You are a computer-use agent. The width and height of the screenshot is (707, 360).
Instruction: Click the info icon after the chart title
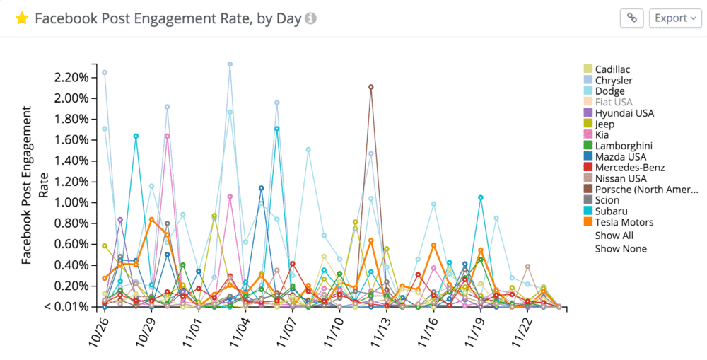tap(310, 18)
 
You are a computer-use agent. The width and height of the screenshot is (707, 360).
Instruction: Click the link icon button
tap(631, 18)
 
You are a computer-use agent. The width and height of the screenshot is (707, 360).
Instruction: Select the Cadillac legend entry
tap(612, 69)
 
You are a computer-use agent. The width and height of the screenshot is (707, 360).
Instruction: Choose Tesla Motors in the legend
tap(624, 223)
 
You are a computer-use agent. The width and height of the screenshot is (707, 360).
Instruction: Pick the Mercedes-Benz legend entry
tap(629, 168)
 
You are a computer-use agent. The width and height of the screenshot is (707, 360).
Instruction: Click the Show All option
tap(614, 236)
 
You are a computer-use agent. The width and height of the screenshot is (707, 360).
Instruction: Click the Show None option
tap(620, 249)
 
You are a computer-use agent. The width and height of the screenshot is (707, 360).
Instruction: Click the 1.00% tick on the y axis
tap(71, 202)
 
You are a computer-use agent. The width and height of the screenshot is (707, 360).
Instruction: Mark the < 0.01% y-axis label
tap(69, 307)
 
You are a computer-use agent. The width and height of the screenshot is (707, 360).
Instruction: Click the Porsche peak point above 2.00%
tap(371, 87)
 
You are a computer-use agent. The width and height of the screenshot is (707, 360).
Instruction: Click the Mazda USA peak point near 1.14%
tap(262, 188)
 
